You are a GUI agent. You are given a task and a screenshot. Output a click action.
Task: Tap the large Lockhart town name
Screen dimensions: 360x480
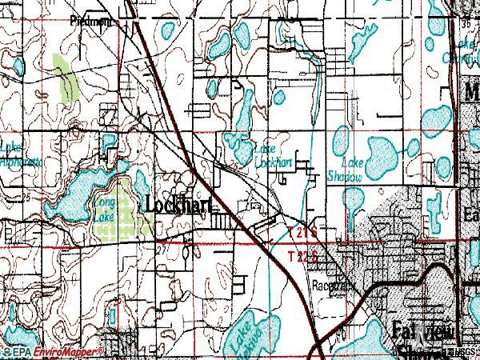180,205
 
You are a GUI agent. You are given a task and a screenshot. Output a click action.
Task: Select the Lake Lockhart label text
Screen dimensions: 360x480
272,155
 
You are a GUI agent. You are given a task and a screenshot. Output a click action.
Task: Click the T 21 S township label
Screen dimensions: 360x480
303,231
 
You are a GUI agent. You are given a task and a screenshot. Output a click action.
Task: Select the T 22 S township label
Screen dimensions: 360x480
303,256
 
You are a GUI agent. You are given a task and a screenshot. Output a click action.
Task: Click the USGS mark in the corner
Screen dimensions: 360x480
463,353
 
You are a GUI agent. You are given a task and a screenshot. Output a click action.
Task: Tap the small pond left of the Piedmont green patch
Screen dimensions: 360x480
16,64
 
